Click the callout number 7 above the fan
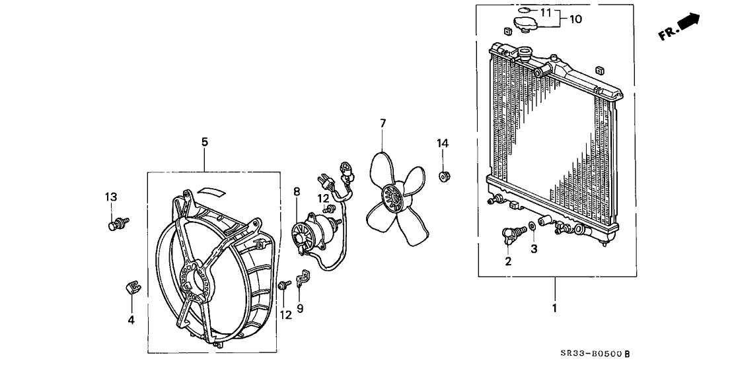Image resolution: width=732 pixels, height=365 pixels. [x=383, y=123]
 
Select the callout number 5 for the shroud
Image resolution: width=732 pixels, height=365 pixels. [x=205, y=141]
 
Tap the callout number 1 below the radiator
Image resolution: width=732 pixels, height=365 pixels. [x=555, y=308]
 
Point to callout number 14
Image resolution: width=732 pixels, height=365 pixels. [x=443, y=143]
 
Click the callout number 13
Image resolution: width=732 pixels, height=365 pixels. [x=111, y=197]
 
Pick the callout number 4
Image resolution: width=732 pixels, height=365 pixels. [x=131, y=320]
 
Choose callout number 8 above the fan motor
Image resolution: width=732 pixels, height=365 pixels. [x=297, y=192]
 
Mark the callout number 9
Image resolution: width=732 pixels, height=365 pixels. [x=300, y=308]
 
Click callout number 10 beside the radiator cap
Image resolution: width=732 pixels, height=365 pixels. [x=575, y=19]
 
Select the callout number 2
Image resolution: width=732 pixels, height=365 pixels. [x=508, y=261]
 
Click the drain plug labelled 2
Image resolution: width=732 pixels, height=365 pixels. [x=510, y=234]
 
